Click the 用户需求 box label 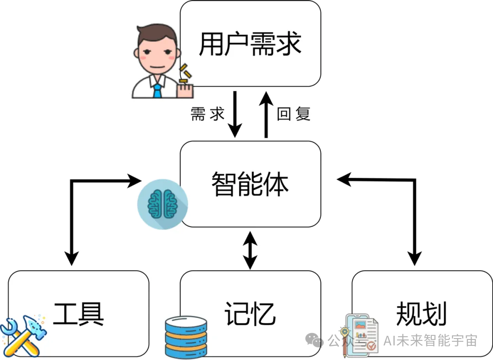pyautogui.click(x=250, y=44)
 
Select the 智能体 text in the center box pyautogui.click(x=250, y=184)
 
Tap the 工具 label pyautogui.click(x=79, y=313)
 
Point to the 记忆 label pyautogui.click(x=250, y=313)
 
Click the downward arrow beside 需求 pyautogui.click(x=235, y=114)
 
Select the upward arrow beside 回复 pyautogui.click(x=266, y=114)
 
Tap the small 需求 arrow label pyautogui.click(x=208, y=114)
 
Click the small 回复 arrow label pyautogui.click(x=294, y=114)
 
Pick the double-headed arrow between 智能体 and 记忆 pyautogui.click(x=250, y=250)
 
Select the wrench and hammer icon pyautogui.click(x=23, y=335)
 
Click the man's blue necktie pyautogui.click(x=157, y=89)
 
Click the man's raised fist pyautogui.click(x=185, y=89)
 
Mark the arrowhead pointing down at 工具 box pyautogui.click(x=72, y=259)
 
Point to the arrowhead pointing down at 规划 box pyautogui.click(x=414, y=259)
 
